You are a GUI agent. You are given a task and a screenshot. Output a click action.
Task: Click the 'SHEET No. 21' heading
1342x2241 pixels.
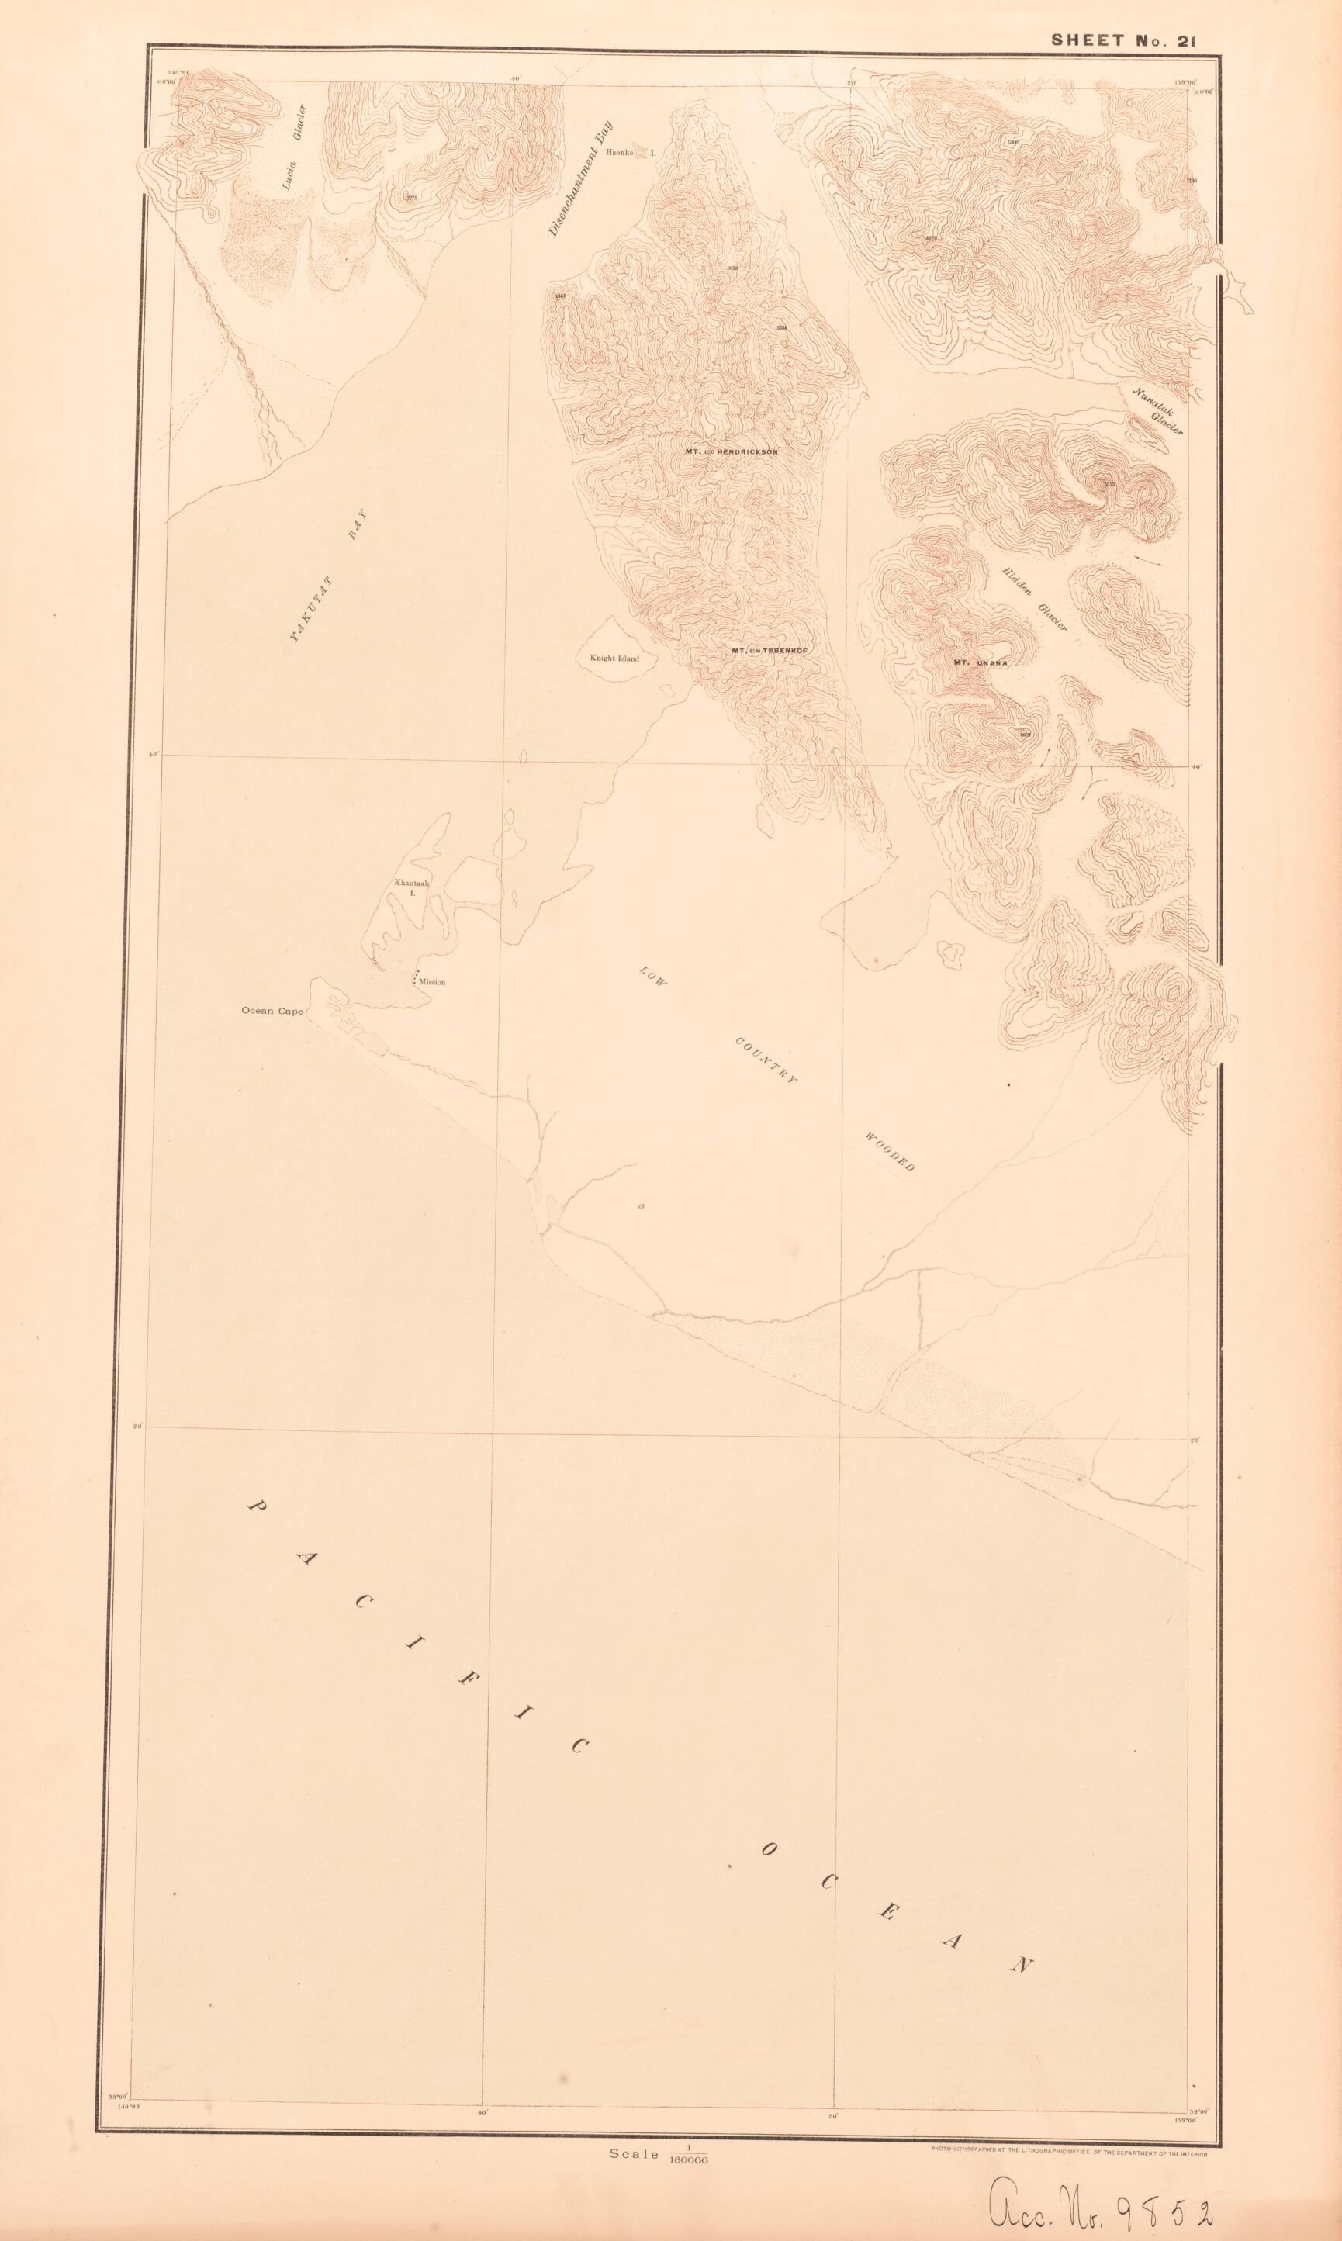(1136, 40)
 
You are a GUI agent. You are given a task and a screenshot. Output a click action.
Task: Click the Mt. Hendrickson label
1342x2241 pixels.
(731, 451)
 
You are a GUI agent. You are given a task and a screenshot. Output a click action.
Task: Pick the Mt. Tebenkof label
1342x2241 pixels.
(769, 651)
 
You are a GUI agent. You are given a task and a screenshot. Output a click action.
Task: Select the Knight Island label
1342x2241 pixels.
(614, 658)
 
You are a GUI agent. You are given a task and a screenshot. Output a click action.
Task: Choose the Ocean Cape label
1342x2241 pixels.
(272, 1012)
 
